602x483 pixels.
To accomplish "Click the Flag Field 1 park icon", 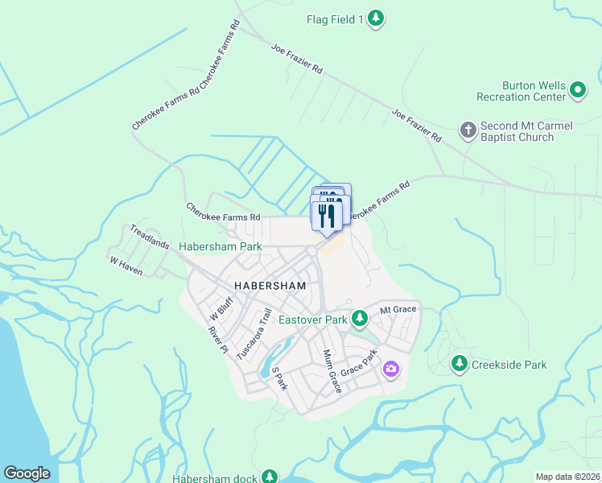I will [376, 19].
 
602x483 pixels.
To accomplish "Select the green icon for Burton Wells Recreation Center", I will [578, 90].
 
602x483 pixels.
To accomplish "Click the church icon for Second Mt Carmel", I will [468, 130].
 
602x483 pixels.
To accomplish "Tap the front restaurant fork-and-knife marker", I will [326, 217].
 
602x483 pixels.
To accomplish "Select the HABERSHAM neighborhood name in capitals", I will [270, 286].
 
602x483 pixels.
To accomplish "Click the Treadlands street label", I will [150, 236].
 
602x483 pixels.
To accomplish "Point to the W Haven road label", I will [126, 266].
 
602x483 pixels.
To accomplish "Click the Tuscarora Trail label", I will [260, 333].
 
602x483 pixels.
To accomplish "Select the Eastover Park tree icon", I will [360, 320].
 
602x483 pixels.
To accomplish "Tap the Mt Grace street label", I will [398, 309].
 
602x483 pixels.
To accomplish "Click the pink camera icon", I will [390, 369].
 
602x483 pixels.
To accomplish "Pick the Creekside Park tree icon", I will [460, 364].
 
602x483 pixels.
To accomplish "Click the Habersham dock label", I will [215, 479].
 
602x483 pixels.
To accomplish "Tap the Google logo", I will [27, 473].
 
